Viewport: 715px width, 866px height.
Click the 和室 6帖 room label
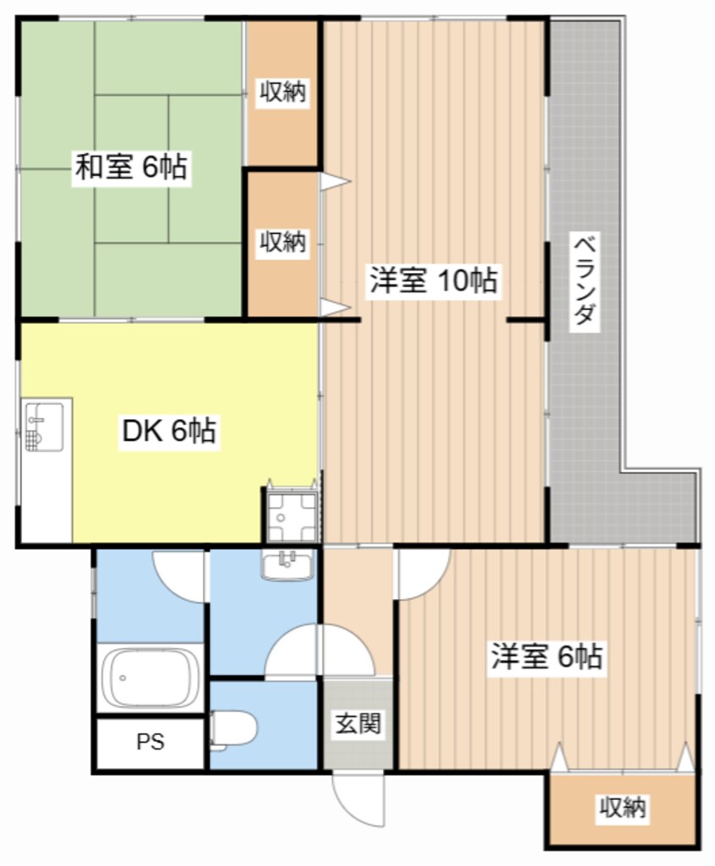pyautogui.click(x=132, y=166)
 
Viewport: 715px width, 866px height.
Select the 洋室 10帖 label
pyautogui.click(x=434, y=280)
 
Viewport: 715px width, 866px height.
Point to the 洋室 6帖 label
pyautogui.click(x=547, y=656)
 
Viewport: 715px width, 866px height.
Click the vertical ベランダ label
pyautogui.click(x=585, y=280)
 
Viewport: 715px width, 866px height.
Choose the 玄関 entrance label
pyautogui.click(x=358, y=723)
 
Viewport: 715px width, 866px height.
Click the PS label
pyautogui.click(x=150, y=742)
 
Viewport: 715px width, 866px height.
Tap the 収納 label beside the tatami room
pyautogui.click(x=283, y=91)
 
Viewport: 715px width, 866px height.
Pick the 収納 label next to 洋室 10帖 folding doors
pyautogui.click(x=283, y=242)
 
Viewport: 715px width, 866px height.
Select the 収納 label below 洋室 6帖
pyautogui.click(x=623, y=808)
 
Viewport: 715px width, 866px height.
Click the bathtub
pyautogui.click(x=150, y=678)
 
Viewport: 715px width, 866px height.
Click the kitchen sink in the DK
pyautogui.click(x=44, y=427)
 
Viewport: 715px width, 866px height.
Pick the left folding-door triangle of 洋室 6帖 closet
pyautogui.click(x=559, y=757)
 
